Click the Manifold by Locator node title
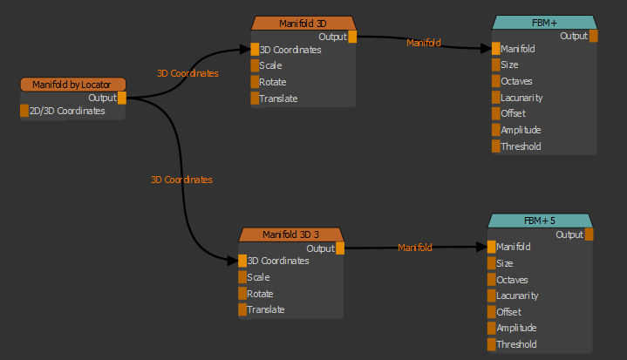(x=73, y=84)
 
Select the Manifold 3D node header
(x=303, y=23)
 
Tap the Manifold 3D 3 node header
(x=292, y=234)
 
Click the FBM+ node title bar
(x=544, y=22)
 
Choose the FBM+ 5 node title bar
(x=541, y=220)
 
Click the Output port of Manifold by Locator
(x=122, y=98)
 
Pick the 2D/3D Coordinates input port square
(x=24, y=111)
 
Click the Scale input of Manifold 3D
(x=255, y=65)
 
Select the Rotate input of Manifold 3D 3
(x=242, y=294)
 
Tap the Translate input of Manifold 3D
(x=255, y=98)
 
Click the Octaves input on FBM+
(x=496, y=81)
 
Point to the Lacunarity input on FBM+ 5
(x=491, y=295)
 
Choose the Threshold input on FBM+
(x=496, y=146)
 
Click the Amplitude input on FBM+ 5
(x=491, y=328)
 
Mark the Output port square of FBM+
(x=594, y=36)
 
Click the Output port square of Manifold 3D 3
(x=340, y=248)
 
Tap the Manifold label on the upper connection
(x=424, y=43)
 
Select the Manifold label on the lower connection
(x=415, y=248)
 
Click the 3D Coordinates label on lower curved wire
(x=181, y=180)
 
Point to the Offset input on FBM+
(x=496, y=114)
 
